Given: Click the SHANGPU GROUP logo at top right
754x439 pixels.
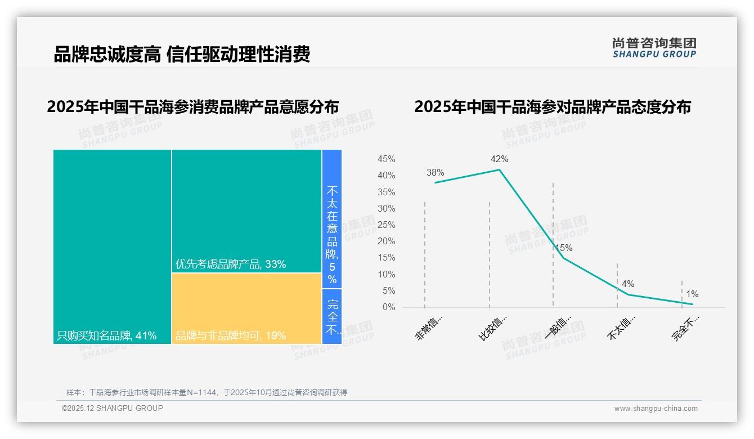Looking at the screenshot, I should tap(654, 48).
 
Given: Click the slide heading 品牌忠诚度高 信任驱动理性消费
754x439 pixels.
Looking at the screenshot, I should tap(182, 55).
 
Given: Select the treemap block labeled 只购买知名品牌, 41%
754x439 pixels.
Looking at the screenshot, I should tap(112, 247).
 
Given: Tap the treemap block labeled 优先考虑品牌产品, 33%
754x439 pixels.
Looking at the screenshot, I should tap(246, 211).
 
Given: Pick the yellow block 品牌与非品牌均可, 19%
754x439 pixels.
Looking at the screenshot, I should tap(246, 308).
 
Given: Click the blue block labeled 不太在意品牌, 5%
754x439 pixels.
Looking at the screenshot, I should tap(332, 219).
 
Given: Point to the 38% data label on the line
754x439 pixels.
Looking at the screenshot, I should tap(435, 173).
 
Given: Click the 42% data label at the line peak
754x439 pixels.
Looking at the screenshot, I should tap(499, 159).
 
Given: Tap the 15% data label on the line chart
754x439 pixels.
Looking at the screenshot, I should tap(564, 248).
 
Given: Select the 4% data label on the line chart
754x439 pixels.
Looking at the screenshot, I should tap(628, 284).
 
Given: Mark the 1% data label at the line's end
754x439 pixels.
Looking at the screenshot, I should tap(692, 294).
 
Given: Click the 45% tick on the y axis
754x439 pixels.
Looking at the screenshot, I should tap(386, 159).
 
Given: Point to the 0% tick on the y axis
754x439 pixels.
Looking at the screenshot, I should tap(389, 307).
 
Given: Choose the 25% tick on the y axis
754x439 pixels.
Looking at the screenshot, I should tap(386, 225).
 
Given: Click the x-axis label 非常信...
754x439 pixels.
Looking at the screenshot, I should tap(429, 328).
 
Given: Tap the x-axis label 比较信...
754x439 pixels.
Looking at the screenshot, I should tap(493, 328).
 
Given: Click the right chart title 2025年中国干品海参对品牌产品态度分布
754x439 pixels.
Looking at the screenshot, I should tap(552, 107).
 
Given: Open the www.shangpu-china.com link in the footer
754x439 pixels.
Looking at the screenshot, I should tap(656, 409).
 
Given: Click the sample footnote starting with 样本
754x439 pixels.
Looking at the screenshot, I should tap(207, 392).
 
